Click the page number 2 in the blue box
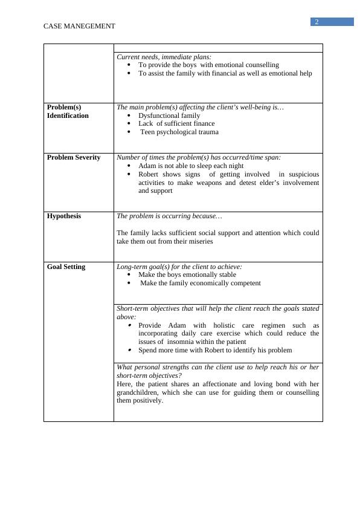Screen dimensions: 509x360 (316, 22)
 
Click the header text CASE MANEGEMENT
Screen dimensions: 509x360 (79, 26)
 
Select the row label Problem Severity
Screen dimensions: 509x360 (74, 157)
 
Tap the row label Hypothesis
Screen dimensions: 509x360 (64, 216)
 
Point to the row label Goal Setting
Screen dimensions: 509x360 (66, 267)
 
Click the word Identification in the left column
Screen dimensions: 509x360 (68, 115)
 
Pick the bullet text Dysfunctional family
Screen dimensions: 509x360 (169, 115)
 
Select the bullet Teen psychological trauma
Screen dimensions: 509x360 (179, 132)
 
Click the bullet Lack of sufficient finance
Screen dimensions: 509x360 (176, 123)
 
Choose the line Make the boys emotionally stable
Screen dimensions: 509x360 (187, 274)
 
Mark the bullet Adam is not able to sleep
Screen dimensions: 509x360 (191, 166)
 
